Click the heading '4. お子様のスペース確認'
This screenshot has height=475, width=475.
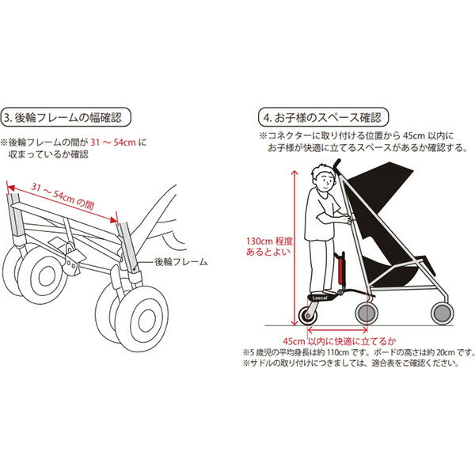point(323,117)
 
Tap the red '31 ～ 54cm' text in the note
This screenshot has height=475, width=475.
point(113,142)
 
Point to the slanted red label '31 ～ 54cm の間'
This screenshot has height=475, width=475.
point(63,196)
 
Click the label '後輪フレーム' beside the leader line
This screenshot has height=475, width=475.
point(180,262)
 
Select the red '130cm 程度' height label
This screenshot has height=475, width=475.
point(269,241)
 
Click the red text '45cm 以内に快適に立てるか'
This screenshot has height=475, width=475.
point(340,341)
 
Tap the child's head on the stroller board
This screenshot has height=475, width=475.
point(323,178)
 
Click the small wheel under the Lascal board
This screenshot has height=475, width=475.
point(308,316)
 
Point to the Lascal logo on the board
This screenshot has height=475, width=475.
point(320,298)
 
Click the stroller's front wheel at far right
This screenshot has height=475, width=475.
point(442,313)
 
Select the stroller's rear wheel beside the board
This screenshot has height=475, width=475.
point(367,313)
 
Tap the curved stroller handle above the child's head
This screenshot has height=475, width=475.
point(336,165)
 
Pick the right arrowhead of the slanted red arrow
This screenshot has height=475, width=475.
point(114,220)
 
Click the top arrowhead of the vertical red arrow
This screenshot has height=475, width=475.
point(294,173)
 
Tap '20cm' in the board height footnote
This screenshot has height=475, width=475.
point(446,352)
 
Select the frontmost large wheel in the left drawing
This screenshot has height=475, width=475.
point(142,319)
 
